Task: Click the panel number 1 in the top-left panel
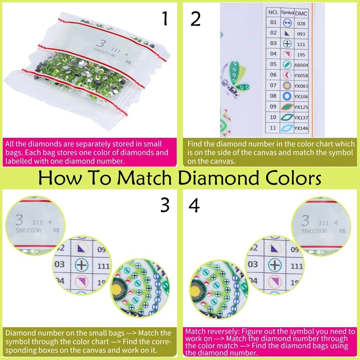pos(165,19)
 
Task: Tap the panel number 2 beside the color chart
pos(195,19)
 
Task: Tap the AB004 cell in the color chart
pos(301,64)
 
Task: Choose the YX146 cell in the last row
pos(301,128)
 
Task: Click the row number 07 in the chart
pos(273,85)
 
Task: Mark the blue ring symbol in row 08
pos(287,96)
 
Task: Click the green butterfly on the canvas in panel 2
pos(238,76)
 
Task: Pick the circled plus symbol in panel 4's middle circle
pos(271,264)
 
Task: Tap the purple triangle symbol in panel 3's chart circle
pos(81,248)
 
